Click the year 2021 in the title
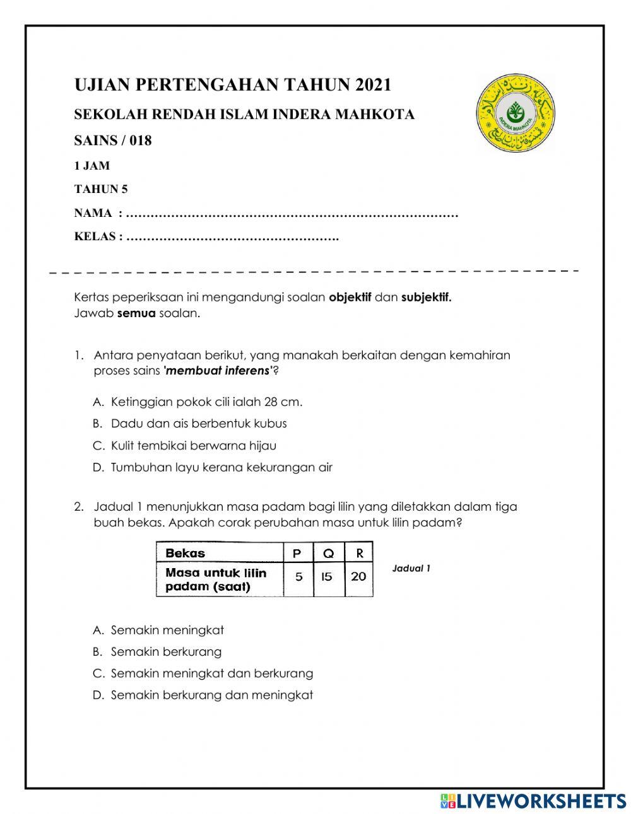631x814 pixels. point(373,84)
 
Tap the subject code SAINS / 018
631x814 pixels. point(113,141)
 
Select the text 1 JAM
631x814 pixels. point(92,166)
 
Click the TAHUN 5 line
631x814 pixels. point(101,189)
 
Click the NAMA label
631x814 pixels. point(93,214)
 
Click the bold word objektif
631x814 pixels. point(350,298)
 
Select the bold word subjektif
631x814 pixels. point(426,298)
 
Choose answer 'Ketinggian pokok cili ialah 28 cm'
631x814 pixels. point(206,402)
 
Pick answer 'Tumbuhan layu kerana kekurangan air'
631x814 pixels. point(221,468)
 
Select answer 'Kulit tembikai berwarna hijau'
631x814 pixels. point(193,446)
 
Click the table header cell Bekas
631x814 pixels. point(185,553)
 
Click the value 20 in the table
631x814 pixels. point(358,576)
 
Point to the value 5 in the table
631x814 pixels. point(298,576)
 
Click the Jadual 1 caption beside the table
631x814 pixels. point(411,568)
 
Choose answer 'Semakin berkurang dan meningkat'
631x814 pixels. point(211,695)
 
